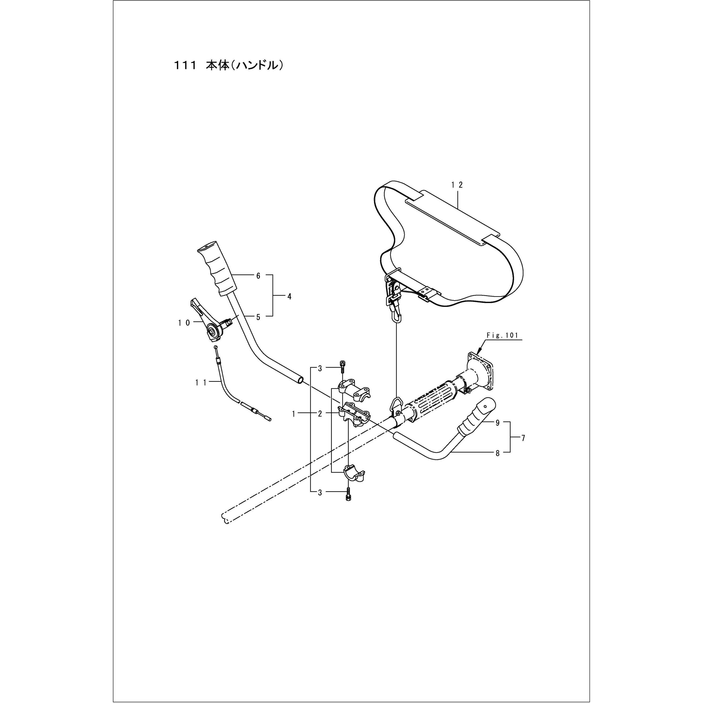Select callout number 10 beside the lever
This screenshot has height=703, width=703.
[184, 322]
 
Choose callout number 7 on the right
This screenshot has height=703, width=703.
[523, 438]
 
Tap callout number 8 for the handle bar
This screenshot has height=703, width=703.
[497, 453]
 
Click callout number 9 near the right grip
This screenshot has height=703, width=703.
[497, 423]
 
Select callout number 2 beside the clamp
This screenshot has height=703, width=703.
[320, 414]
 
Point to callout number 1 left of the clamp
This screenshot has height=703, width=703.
[294, 414]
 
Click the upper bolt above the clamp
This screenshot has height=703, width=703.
[342, 366]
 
